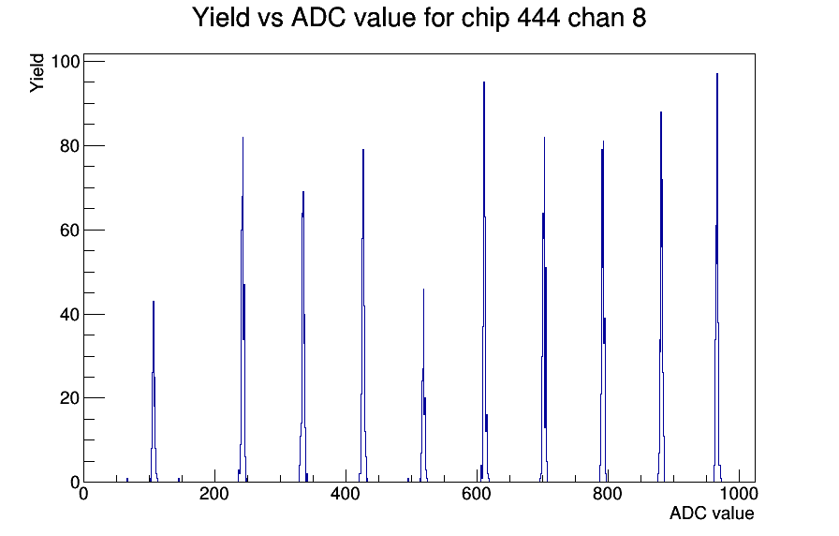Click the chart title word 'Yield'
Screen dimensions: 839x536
click(x=221, y=17)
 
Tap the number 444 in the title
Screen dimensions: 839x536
click(x=538, y=17)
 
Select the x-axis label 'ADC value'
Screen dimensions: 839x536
click(x=711, y=513)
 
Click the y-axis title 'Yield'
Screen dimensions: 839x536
click(x=37, y=73)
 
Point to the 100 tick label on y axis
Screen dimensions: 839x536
click(x=66, y=62)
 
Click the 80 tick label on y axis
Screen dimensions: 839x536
click(x=70, y=145)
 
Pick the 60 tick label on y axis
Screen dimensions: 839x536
click(x=70, y=231)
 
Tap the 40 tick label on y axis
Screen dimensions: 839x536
click(x=70, y=314)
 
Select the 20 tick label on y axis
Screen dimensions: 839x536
click(x=70, y=398)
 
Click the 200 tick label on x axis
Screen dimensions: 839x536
click(x=214, y=494)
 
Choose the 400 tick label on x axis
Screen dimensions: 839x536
click(x=346, y=494)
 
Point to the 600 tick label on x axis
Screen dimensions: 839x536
click(x=477, y=494)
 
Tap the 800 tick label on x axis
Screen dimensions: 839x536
click(x=608, y=494)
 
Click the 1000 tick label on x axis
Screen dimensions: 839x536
click(x=739, y=494)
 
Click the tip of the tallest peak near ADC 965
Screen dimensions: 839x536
click(x=717, y=74)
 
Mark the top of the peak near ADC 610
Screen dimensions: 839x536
click(x=484, y=82)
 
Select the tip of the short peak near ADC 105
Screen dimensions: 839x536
click(x=153, y=301)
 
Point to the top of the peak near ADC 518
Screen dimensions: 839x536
click(x=423, y=290)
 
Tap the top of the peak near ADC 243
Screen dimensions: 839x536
click(x=243, y=137)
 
